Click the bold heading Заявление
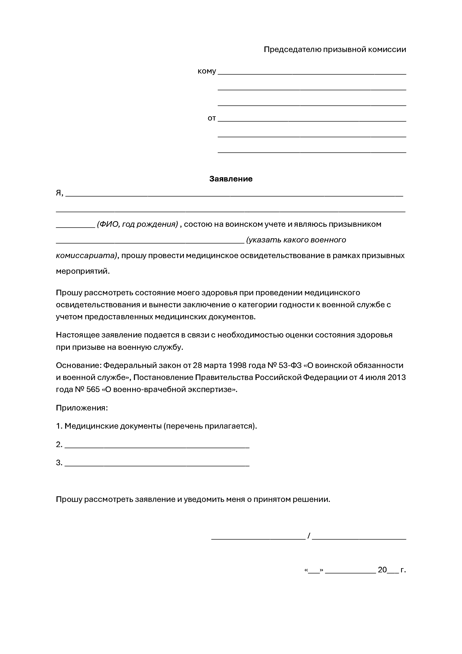[x=231, y=179]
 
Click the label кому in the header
[x=207, y=71]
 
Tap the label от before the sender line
[x=212, y=118]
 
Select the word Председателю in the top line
[x=292, y=49]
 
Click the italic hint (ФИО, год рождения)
[x=138, y=224]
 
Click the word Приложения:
[x=82, y=408]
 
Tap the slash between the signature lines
[x=309, y=536]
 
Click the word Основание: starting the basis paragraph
[x=78, y=365]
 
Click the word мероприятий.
[x=82, y=271]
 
